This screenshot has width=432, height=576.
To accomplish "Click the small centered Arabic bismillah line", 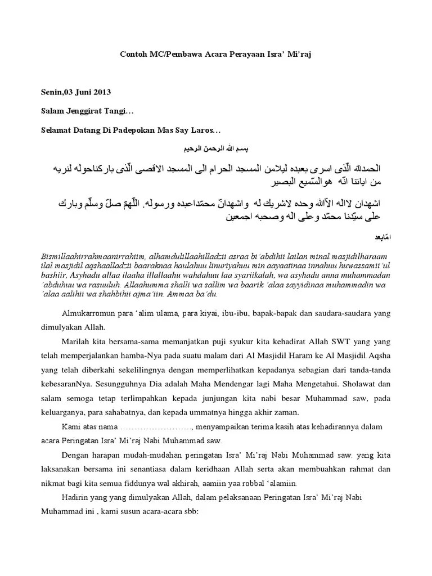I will pyautogui.click(x=216, y=148).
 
